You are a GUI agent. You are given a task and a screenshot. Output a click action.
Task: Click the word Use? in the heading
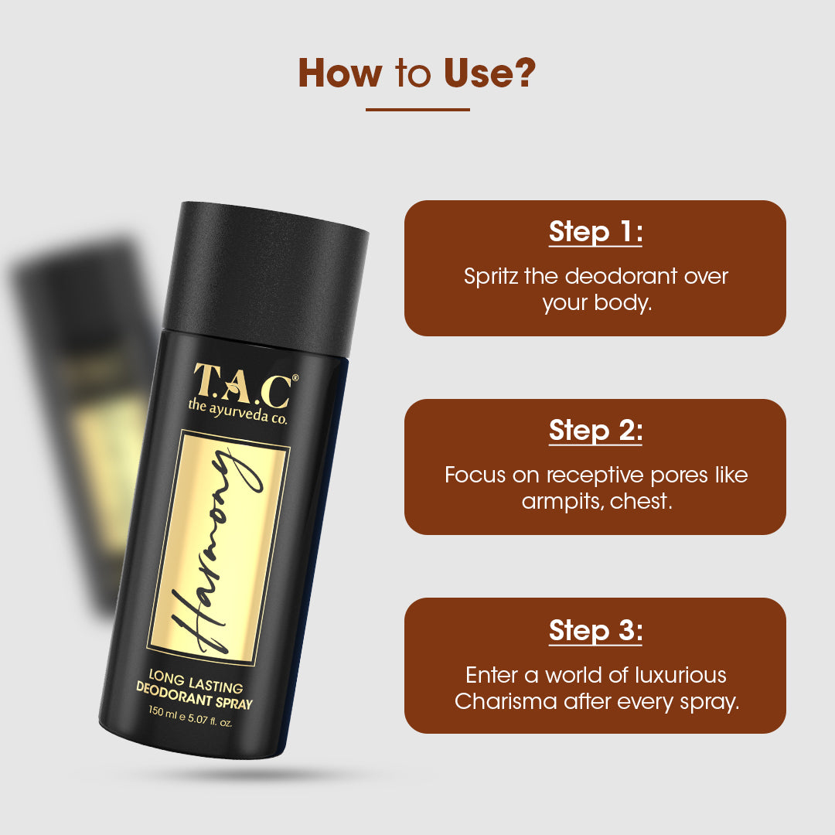pos(489,73)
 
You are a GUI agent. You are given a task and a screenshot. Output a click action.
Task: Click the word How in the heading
pos(339,73)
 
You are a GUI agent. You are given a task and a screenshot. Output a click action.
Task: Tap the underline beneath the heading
pos(417,110)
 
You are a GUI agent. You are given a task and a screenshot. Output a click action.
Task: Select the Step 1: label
pos(595,232)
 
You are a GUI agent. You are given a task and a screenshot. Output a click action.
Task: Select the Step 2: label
pos(595,431)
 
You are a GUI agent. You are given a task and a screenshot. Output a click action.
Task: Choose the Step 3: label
pos(595,631)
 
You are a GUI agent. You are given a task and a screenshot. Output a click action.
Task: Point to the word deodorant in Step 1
pos(621,276)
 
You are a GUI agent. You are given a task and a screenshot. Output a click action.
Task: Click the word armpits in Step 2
pos(562,502)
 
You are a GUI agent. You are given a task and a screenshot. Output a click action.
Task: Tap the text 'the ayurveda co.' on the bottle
pos(237,412)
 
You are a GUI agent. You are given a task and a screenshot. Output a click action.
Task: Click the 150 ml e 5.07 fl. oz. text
pos(191,717)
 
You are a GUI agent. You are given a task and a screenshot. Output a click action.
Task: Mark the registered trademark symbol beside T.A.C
pos(295,377)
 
